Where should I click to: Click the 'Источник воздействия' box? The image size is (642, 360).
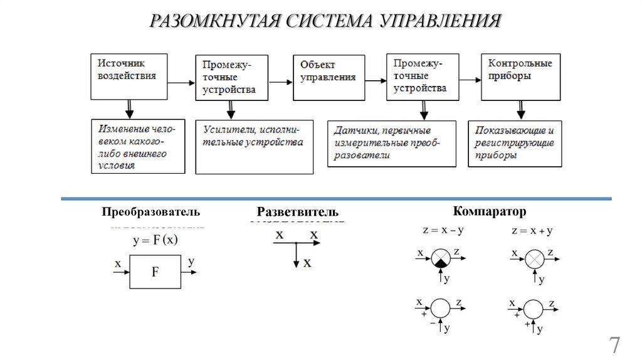(x=130, y=76)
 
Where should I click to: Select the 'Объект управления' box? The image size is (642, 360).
(x=329, y=77)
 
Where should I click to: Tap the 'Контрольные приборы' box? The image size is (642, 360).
(x=520, y=76)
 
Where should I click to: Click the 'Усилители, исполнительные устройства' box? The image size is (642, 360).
(x=254, y=147)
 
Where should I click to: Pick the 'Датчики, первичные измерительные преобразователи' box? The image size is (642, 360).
(x=392, y=144)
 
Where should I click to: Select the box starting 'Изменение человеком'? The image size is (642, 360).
(x=138, y=146)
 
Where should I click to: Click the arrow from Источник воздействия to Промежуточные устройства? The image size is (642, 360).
(x=182, y=82)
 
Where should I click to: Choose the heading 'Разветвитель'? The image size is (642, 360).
(x=297, y=212)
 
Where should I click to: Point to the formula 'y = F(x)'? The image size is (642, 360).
(x=155, y=240)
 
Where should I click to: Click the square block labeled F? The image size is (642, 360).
(x=155, y=272)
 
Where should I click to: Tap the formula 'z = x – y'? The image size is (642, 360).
(x=443, y=230)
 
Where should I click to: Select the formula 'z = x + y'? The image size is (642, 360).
(x=532, y=231)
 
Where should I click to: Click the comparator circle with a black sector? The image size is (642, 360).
(x=441, y=258)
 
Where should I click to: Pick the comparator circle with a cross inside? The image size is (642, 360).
(x=534, y=258)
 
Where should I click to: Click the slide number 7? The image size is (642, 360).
(x=614, y=345)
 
